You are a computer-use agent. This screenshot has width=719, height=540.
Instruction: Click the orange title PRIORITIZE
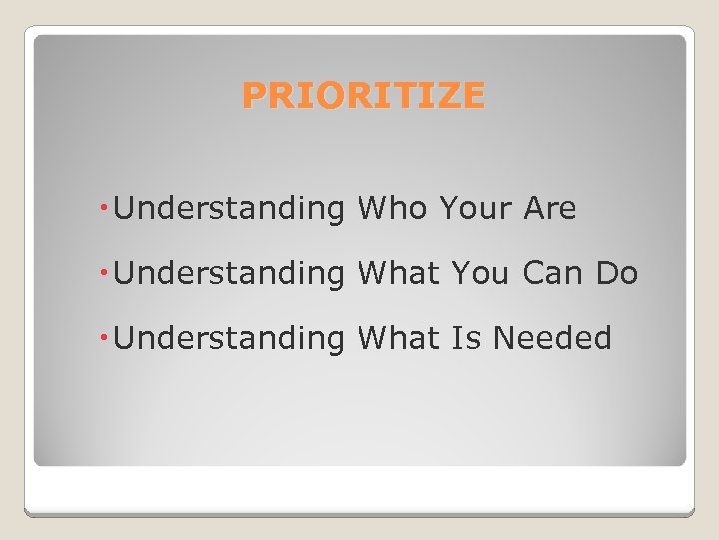coord(363,96)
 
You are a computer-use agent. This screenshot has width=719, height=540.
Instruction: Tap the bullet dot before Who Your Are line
coord(106,208)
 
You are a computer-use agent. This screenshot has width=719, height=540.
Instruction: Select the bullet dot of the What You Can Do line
coord(106,273)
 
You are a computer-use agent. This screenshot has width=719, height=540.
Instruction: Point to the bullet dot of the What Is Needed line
coord(106,338)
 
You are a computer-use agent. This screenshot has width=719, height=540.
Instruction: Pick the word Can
coord(555,274)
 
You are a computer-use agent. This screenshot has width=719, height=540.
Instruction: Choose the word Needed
coord(552,339)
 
